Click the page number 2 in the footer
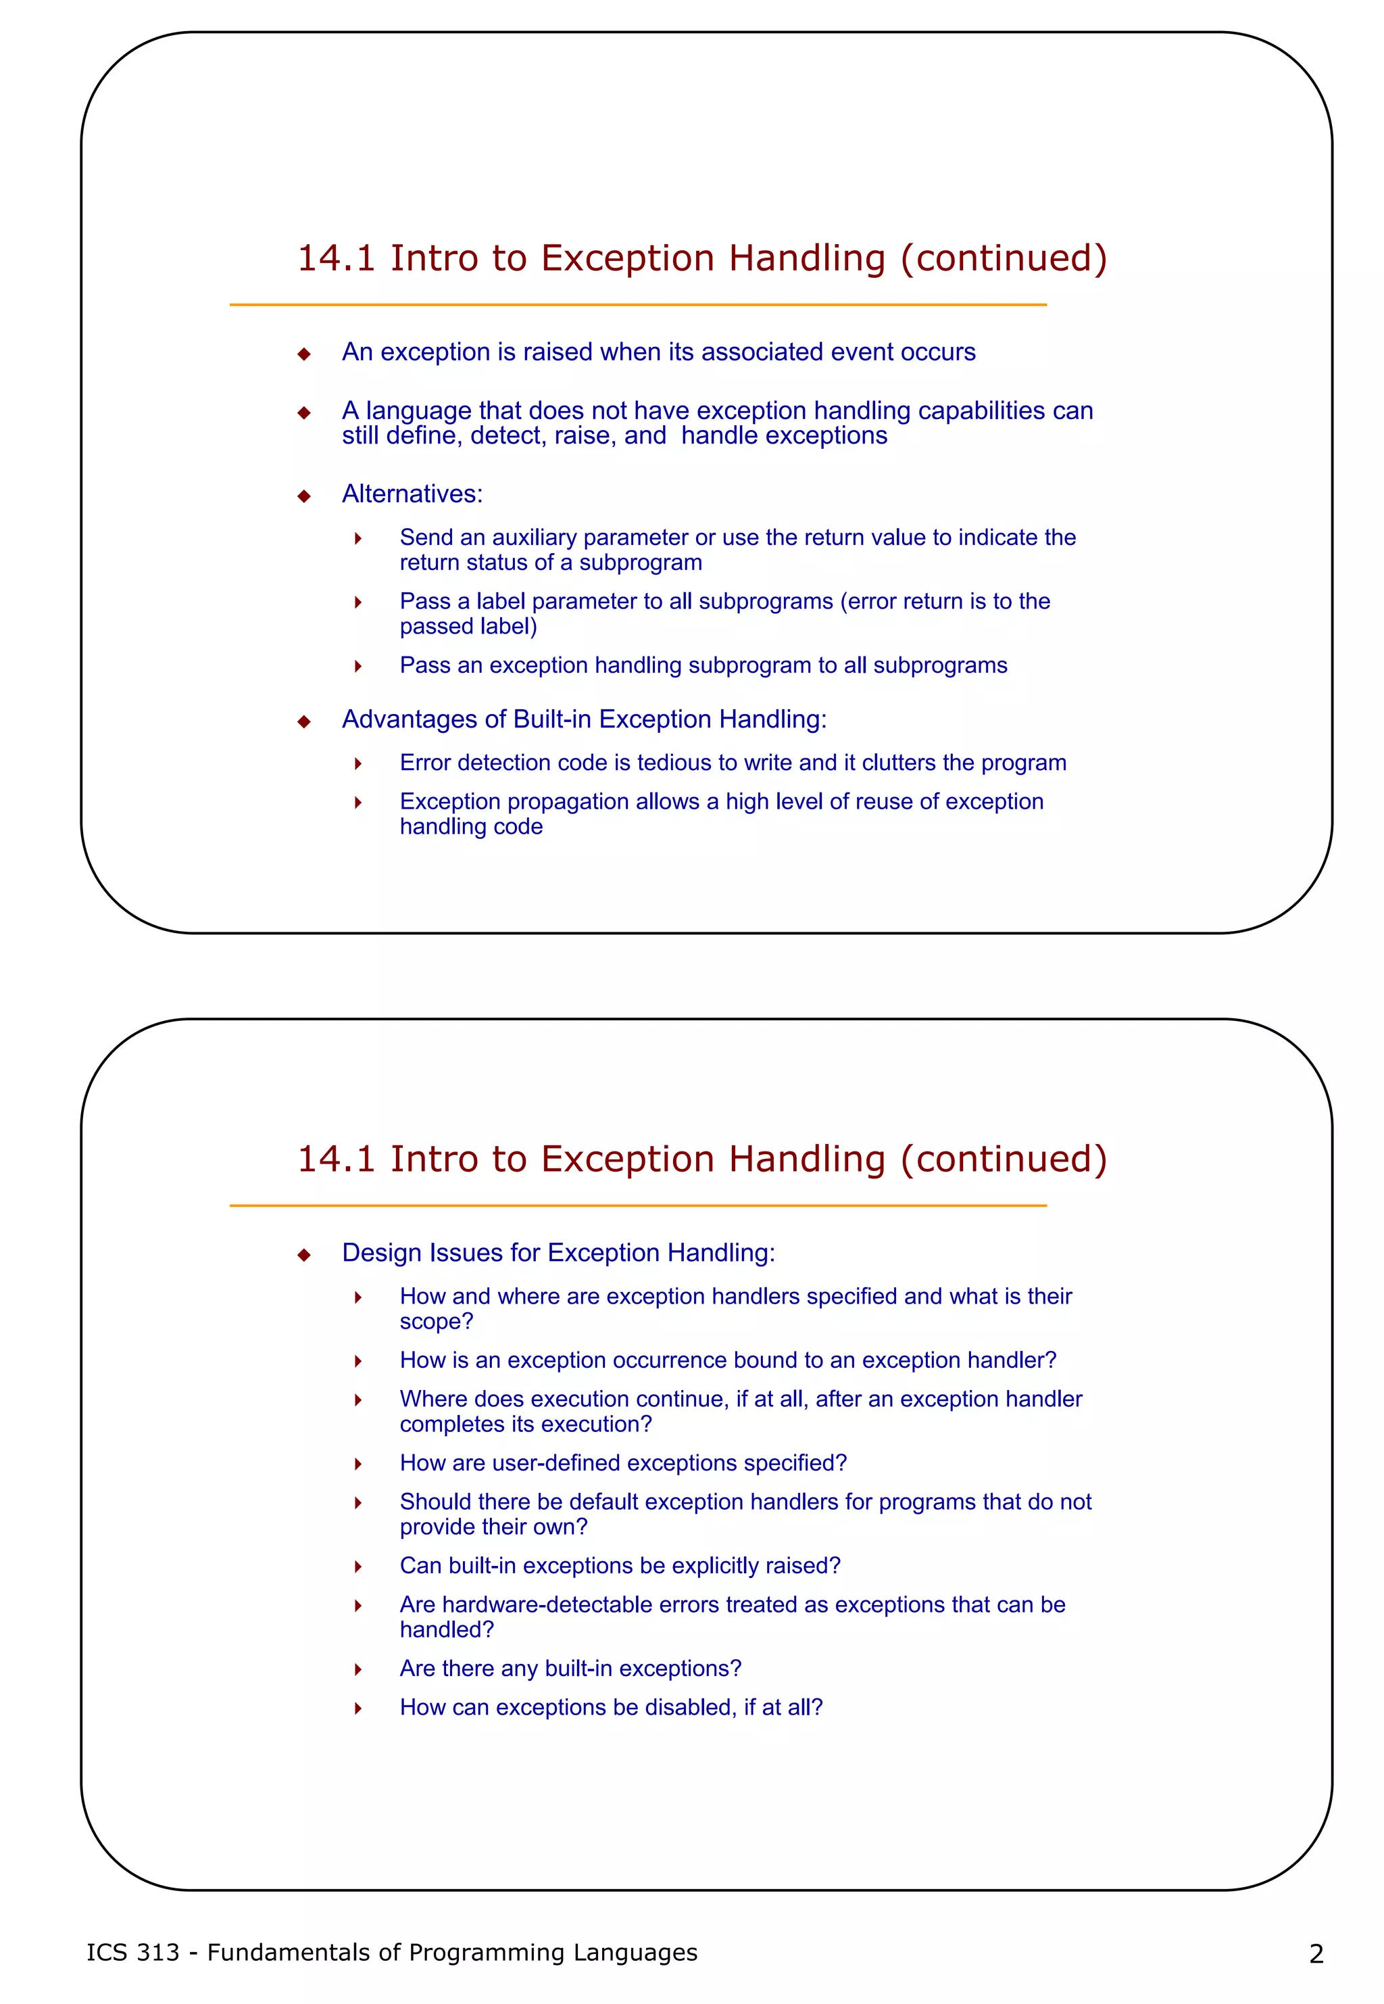1316,1954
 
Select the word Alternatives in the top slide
411,494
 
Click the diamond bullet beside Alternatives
303,496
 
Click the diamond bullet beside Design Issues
303,1256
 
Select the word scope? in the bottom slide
436,1321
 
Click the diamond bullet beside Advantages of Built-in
303,722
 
